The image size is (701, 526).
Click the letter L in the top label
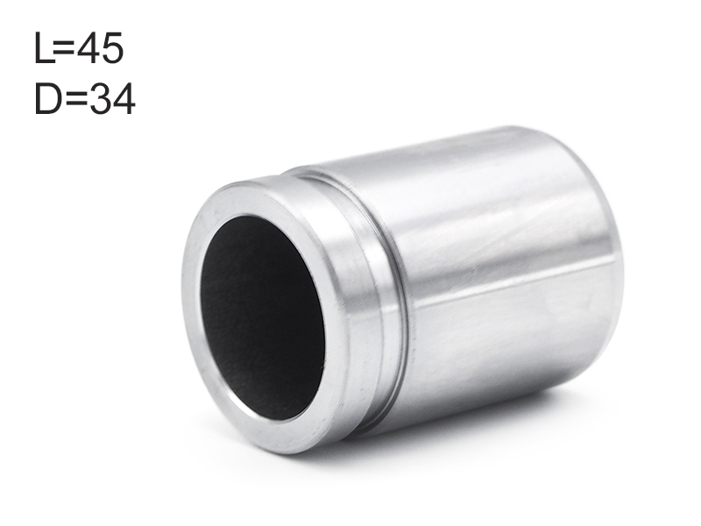[45, 48]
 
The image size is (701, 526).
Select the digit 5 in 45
[112, 49]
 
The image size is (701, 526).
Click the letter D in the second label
[48, 99]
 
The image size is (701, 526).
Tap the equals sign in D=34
[75, 100]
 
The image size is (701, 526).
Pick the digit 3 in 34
[99, 99]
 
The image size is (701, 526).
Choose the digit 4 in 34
[123, 99]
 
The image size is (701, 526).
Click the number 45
[100, 48]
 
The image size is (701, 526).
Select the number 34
[112, 99]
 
